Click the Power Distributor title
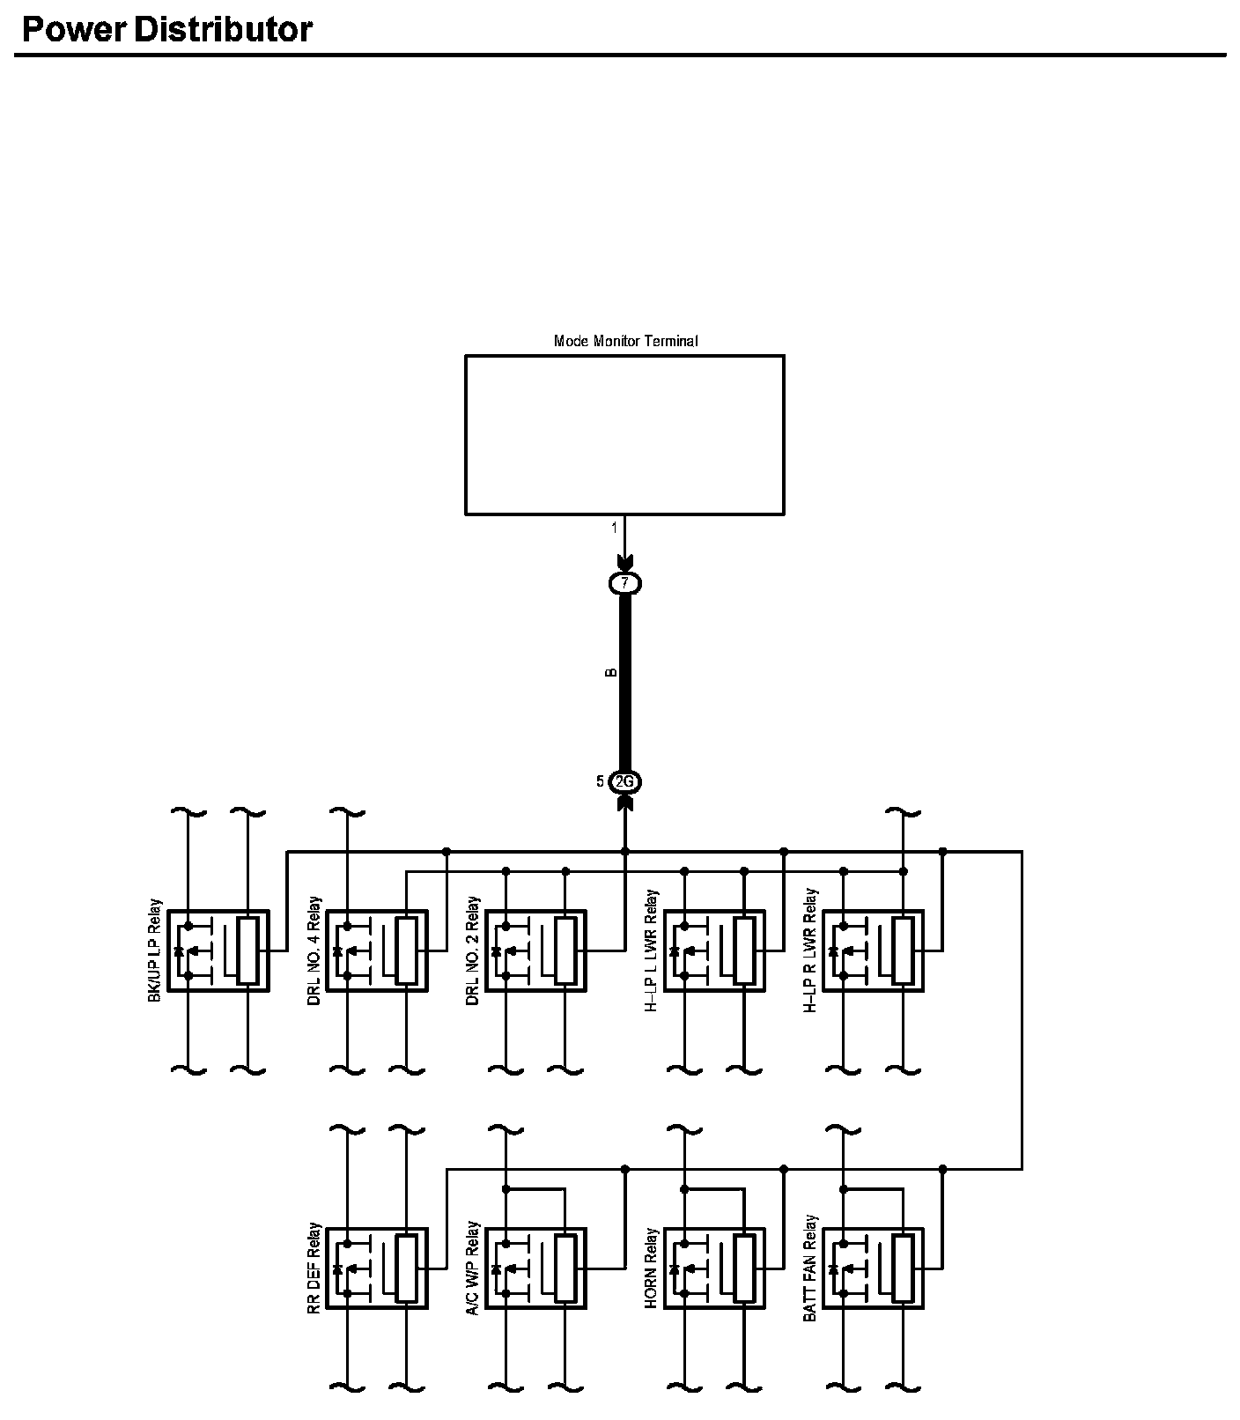(166, 30)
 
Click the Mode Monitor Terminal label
(625, 341)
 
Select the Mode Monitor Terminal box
(624, 434)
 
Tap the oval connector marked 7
(625, 583)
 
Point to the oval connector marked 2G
(624, 781)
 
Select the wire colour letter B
(611, 673)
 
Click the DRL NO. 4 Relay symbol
(376, 950)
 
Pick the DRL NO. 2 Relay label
(473, 950)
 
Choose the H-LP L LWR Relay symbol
(714, 950)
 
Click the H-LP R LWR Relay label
(810, 950)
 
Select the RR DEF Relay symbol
(376, 1268)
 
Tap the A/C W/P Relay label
(473, 1268)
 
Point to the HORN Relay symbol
(714, 1268)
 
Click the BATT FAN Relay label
(810, 1268)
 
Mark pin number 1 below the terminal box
(615, 529)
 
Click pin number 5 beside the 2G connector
(600, 781)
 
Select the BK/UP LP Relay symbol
(218, 950)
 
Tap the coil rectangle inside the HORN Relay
(744, 1268)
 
